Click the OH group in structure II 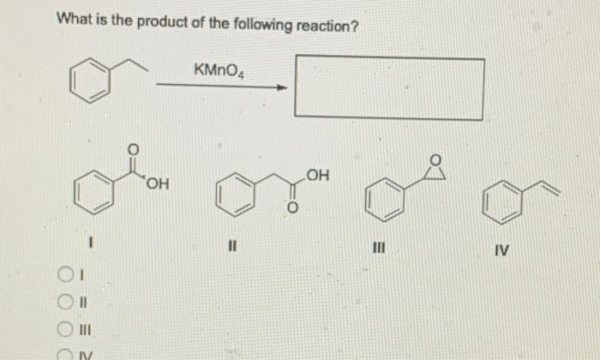[315, 176]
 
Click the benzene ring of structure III [383, 200]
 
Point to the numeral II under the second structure [231, 250]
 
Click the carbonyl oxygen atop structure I [131, 148]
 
